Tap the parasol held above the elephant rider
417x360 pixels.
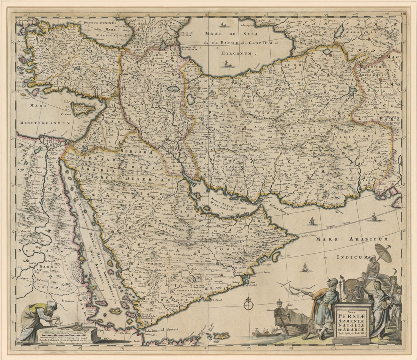383,253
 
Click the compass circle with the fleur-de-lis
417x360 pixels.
248,304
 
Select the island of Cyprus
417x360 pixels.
83,109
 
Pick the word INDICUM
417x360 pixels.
347,257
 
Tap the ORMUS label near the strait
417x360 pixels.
268,198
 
